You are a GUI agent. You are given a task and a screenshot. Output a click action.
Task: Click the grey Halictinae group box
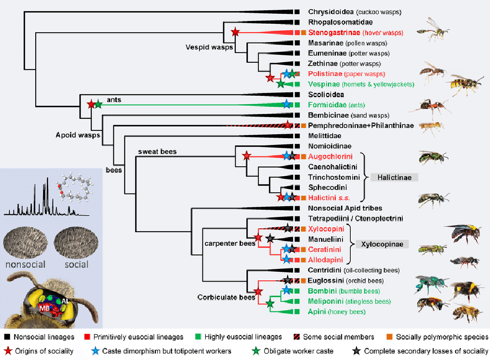point(394,177)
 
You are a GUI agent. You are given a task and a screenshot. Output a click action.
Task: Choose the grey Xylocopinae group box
point(382,244)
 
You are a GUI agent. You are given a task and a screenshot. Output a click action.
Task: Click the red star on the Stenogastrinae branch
point(235,32)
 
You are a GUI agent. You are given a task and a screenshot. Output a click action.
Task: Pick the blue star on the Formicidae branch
point(286,104)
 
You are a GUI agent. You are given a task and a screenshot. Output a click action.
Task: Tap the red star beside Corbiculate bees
point(258,292)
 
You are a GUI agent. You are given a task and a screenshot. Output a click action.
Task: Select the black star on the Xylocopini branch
point(288,228)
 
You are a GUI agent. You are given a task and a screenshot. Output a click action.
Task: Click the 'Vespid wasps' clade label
point(209,48)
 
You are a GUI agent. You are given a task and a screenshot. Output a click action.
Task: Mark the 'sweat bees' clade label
point(159,151)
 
